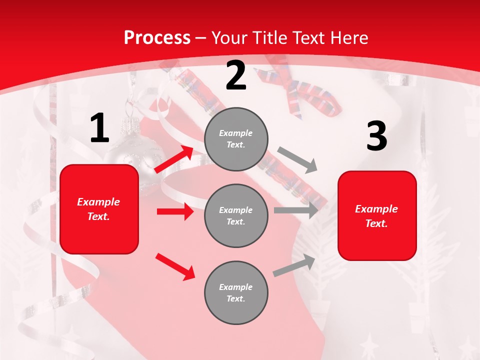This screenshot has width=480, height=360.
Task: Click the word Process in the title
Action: point(157,38)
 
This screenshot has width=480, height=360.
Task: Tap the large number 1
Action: point(99,128)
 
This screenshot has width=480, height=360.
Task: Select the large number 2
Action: point(236,75)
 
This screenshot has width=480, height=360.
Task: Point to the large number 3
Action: point(376,136)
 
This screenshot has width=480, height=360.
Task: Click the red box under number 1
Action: point(99,209)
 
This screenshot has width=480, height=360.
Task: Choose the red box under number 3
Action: point(377,215)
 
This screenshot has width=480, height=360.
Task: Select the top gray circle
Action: point(236,139)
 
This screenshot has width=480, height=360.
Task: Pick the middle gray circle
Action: point(236,215)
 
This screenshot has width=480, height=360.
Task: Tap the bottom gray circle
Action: point(236,292)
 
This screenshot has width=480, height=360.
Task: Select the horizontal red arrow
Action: point(175,211)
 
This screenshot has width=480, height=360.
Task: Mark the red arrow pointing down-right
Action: point(175,266)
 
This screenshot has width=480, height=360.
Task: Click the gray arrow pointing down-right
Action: point(297,160)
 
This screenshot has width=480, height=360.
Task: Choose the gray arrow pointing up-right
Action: point(294,265)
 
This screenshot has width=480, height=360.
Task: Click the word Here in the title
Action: point(349,38)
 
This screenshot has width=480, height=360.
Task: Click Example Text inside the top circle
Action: point(236,139)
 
